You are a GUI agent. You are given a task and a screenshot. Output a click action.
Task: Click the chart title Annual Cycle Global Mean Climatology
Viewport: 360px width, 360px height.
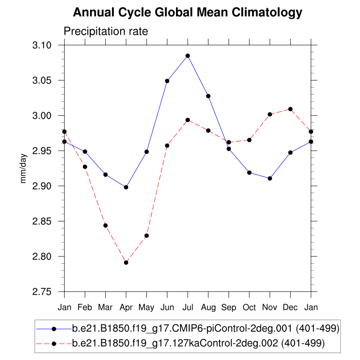click(x=187, y=13)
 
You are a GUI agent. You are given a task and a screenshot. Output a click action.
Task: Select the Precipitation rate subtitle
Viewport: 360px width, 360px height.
click(x=106, y=31)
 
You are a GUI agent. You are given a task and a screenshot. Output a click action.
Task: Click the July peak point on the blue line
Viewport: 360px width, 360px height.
click(x=188, y=56)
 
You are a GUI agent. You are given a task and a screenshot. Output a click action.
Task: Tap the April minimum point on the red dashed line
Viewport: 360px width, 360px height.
click(x=126, y=262)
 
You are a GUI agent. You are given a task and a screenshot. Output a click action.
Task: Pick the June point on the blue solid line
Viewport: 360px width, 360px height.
click(x=167, y=81)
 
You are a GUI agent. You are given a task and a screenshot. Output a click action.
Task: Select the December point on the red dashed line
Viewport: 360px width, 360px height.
click(x=290, y=109)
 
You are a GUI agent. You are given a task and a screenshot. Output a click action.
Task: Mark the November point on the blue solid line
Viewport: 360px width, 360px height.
click(x=270, y=178)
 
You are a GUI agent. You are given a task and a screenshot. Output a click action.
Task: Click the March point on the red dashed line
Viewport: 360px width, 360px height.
click(x=105, y=225)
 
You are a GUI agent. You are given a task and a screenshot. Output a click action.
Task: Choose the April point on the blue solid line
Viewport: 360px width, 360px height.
click(x=126, y=187)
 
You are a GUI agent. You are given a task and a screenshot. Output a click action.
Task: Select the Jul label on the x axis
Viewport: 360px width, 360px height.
click(x=188, y=307)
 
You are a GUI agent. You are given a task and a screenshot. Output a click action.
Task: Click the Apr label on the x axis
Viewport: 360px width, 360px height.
click(x=126, y=307)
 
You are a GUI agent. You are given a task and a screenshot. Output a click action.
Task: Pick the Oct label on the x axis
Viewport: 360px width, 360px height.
click(x=249, y=307)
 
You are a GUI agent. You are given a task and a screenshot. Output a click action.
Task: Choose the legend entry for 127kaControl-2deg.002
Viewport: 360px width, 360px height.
click(x=198, y=343)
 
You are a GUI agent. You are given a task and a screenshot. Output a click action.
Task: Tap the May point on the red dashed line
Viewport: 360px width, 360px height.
click(x=147, y=236)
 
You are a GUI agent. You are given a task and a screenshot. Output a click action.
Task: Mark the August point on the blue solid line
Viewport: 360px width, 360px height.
click(x=208, y=96)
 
